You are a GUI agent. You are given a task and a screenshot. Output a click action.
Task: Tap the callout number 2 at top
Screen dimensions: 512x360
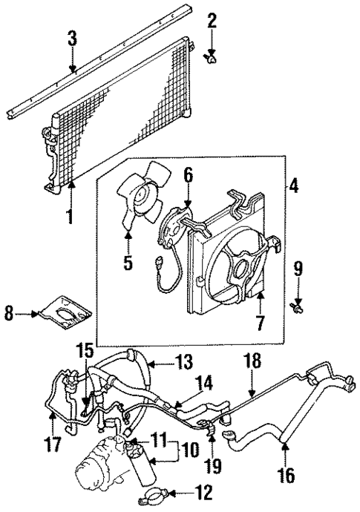(212, 20)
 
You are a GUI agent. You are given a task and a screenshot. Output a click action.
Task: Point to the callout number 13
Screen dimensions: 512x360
(182, 491)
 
